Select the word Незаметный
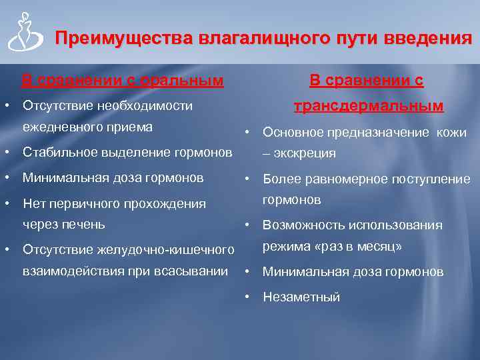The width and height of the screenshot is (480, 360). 301,297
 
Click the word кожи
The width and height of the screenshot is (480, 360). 451,133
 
